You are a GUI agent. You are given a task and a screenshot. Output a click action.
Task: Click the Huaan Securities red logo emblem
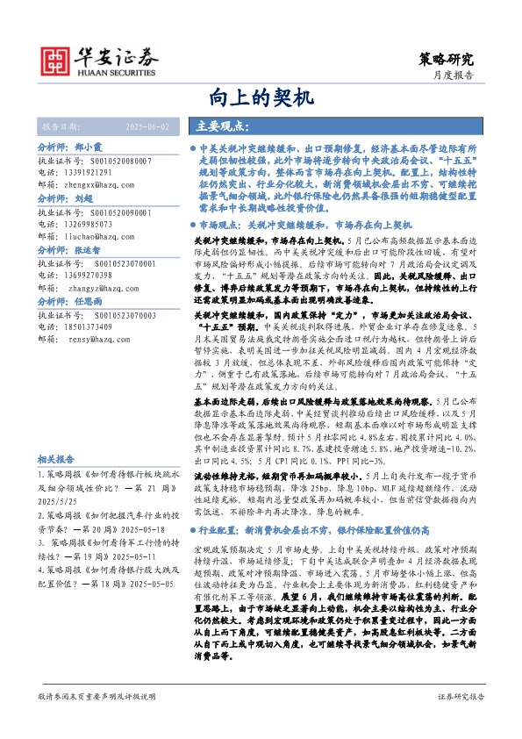pos(59,61)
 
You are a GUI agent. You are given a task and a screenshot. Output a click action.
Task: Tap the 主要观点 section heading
pos(223,126)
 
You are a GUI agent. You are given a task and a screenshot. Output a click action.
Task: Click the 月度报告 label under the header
pos(454,76)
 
